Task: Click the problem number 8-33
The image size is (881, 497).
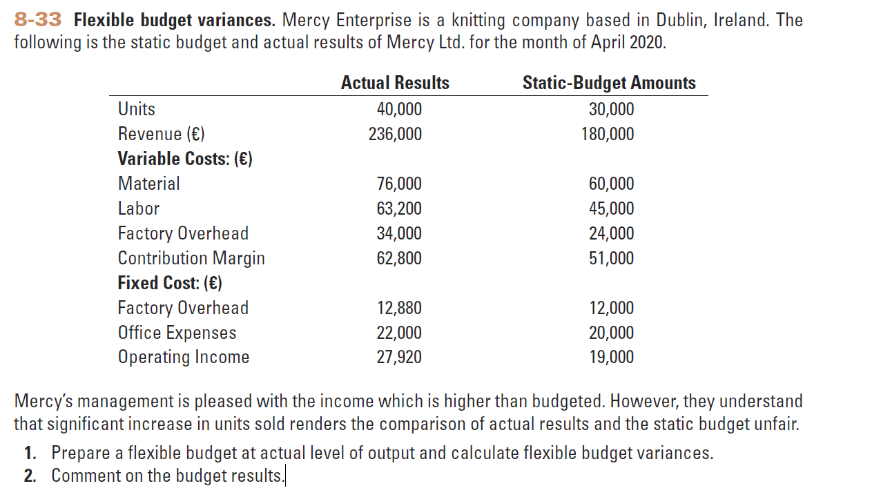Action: (x=38, y=20)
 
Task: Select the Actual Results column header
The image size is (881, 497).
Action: (x=395, y=84)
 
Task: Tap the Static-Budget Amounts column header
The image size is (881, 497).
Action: (x=609, y=84)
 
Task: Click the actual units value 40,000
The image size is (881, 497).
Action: (x=399, y=109)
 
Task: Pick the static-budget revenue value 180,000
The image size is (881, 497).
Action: (x=608, y=134)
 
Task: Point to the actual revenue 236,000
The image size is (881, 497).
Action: (x=395, y=134)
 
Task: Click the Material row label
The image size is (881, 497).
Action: (x=148, y=184)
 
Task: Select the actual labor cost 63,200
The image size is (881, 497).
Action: (x=399, y=208)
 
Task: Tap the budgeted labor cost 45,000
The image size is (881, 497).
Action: (x=611, y=208)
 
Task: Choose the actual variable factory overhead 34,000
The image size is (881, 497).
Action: (x=399, y=233)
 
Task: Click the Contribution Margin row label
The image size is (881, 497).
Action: (x=191, y=258)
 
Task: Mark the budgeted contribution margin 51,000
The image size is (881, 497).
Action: (x=611, y=258)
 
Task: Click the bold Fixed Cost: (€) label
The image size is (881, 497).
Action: (x=170, y=283)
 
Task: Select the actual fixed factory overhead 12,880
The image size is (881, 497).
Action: (x=399, y=308)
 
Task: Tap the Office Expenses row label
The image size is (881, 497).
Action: (x=177, y=333)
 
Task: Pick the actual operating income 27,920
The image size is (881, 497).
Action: (x=399, y=357)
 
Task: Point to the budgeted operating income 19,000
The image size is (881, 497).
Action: (x=611, y=357)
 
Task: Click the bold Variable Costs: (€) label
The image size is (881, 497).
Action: (x=185, y=159)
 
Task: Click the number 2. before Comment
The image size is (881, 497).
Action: (x=30, y=476)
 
